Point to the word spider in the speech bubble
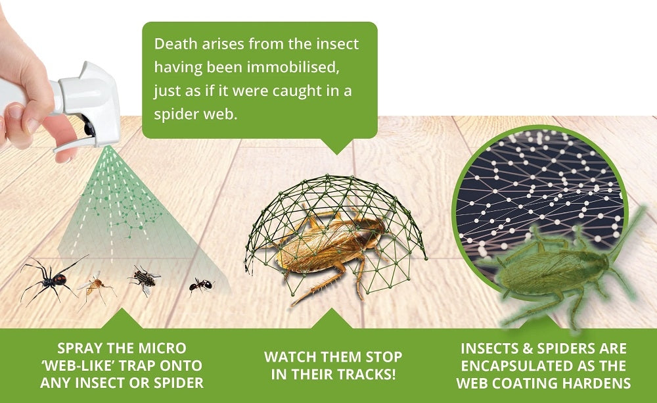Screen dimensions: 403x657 click(x=175, y=114)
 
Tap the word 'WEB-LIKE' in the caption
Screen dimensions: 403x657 click(x=86, y=365)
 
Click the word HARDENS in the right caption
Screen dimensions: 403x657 click(x=595, y=382)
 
